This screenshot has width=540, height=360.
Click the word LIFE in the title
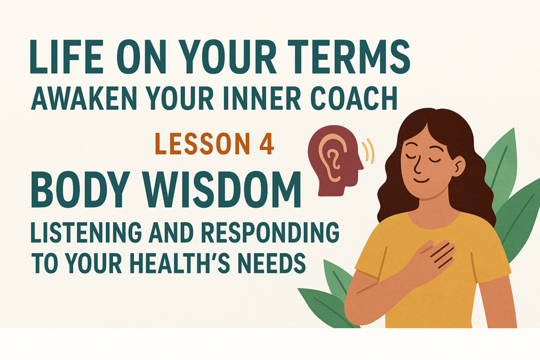click(65, 57)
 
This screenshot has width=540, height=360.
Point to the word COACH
click(354, 98)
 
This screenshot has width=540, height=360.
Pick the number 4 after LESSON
click(266, 143)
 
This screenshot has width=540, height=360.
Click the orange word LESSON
click(202, 143)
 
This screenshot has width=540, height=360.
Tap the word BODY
click(81, 190)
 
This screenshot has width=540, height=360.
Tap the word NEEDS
click(272, 263)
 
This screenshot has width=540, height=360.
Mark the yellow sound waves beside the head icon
click(369, 151)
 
